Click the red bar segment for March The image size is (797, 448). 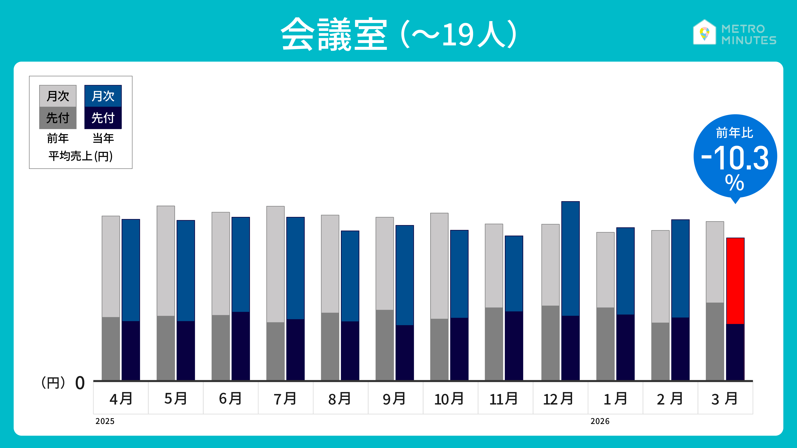point(735,281)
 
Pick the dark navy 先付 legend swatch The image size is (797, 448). point(103,118)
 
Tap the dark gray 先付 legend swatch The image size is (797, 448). point(58,118)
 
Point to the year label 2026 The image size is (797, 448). point(600,421)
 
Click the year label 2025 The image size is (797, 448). point(105,421)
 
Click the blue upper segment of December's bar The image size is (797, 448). point(570,258)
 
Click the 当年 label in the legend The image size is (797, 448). point(103,138)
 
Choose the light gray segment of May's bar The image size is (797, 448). point(166,261)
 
